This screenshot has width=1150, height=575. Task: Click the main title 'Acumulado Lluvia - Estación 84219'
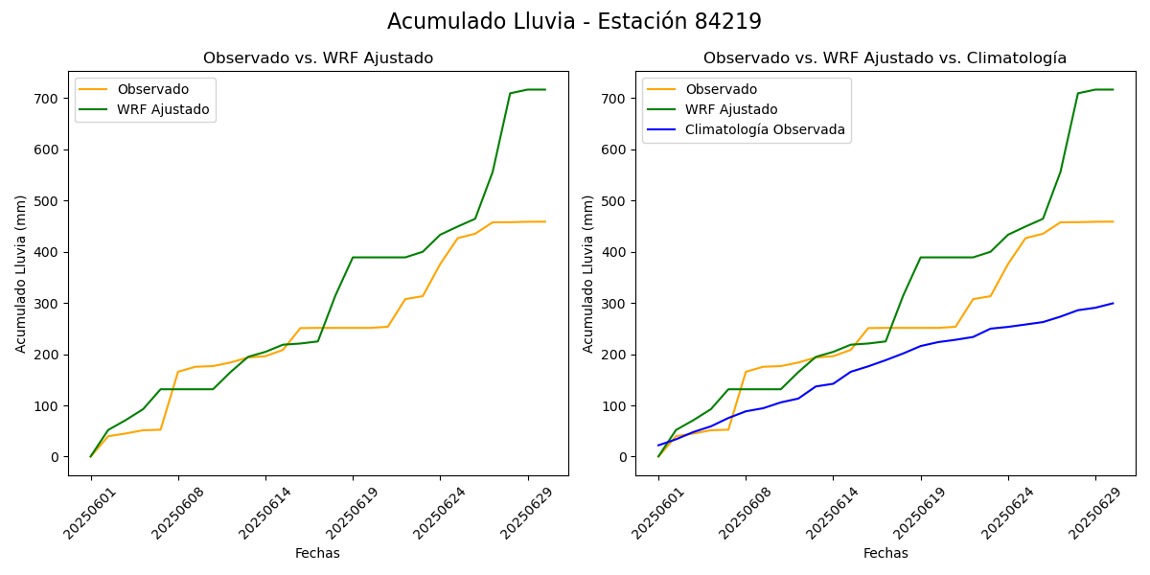click(574, 21)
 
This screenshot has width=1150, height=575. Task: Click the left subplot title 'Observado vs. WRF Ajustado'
click(318, 58)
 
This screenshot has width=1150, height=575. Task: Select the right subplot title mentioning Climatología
click(885, 58)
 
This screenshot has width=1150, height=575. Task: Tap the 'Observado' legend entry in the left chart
click(152, 89)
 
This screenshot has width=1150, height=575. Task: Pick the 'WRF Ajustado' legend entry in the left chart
click(163, 109)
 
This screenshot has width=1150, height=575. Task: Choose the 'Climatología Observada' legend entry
click(765, 130)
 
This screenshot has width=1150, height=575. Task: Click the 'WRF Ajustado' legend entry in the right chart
click(730, 109)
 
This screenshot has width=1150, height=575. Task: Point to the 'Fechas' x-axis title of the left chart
click(317, 553)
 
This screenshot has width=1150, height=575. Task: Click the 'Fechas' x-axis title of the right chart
click(885, 553)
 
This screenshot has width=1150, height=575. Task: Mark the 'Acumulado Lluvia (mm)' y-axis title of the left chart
click(21, 273)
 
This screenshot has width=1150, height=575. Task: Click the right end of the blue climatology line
click(1113, 303)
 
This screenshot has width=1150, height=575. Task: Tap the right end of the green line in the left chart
click(545, 90)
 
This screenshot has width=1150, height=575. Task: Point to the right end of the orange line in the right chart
click(1113, 221)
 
